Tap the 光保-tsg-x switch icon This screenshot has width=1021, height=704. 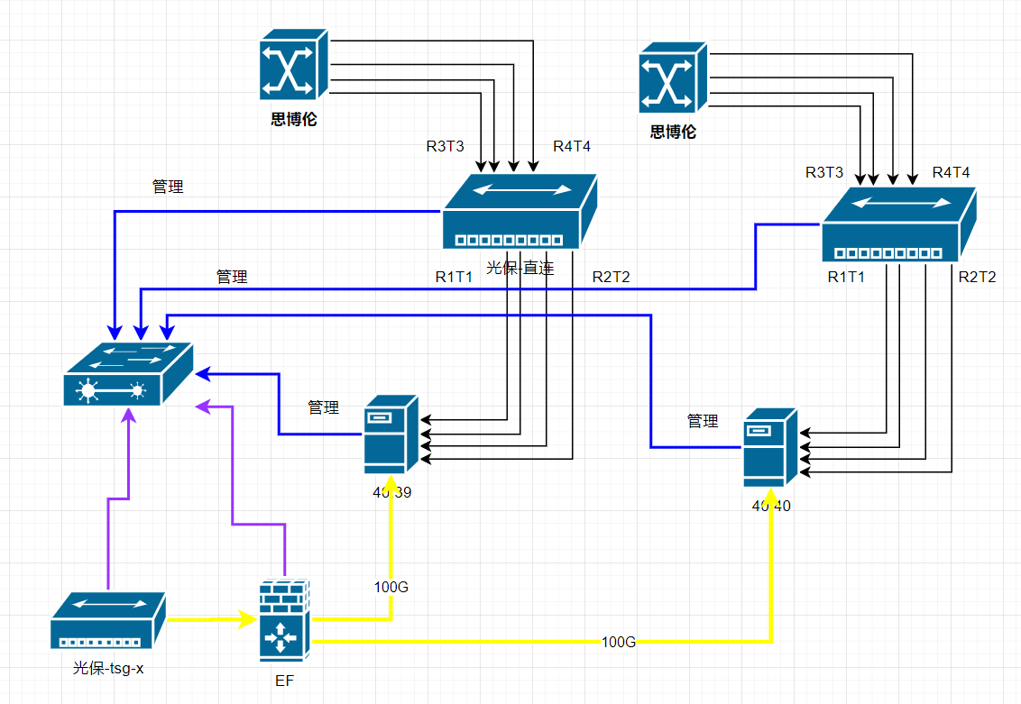click(x=108, y=621)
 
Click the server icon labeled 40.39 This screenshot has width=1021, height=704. click(x=391, y=434)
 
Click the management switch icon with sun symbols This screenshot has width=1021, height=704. click(x=128, y=374)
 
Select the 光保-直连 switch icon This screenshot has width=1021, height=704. click(x=520, y=212)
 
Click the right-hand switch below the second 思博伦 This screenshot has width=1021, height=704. click(x=898, y=225)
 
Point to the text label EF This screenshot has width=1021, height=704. click(x=285, y=680)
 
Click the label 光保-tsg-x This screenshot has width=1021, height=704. click(x=108, y=669)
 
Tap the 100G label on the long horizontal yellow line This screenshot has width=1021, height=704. click(x=619, y=642)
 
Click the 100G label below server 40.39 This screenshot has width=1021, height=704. click(x=391, y=587)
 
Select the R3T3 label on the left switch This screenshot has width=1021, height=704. click(x=445, y=146)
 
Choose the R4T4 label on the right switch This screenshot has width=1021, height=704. click(x=951, y=172)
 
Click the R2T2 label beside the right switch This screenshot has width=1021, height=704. click(x=977, y=277)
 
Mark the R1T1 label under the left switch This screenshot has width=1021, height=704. click(x=454, y=277)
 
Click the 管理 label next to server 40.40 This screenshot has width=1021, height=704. click(x=703, y=421)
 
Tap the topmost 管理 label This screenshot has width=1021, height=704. click(x=168, y=187)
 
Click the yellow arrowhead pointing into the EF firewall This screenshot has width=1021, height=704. click(x=248, y=619)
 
